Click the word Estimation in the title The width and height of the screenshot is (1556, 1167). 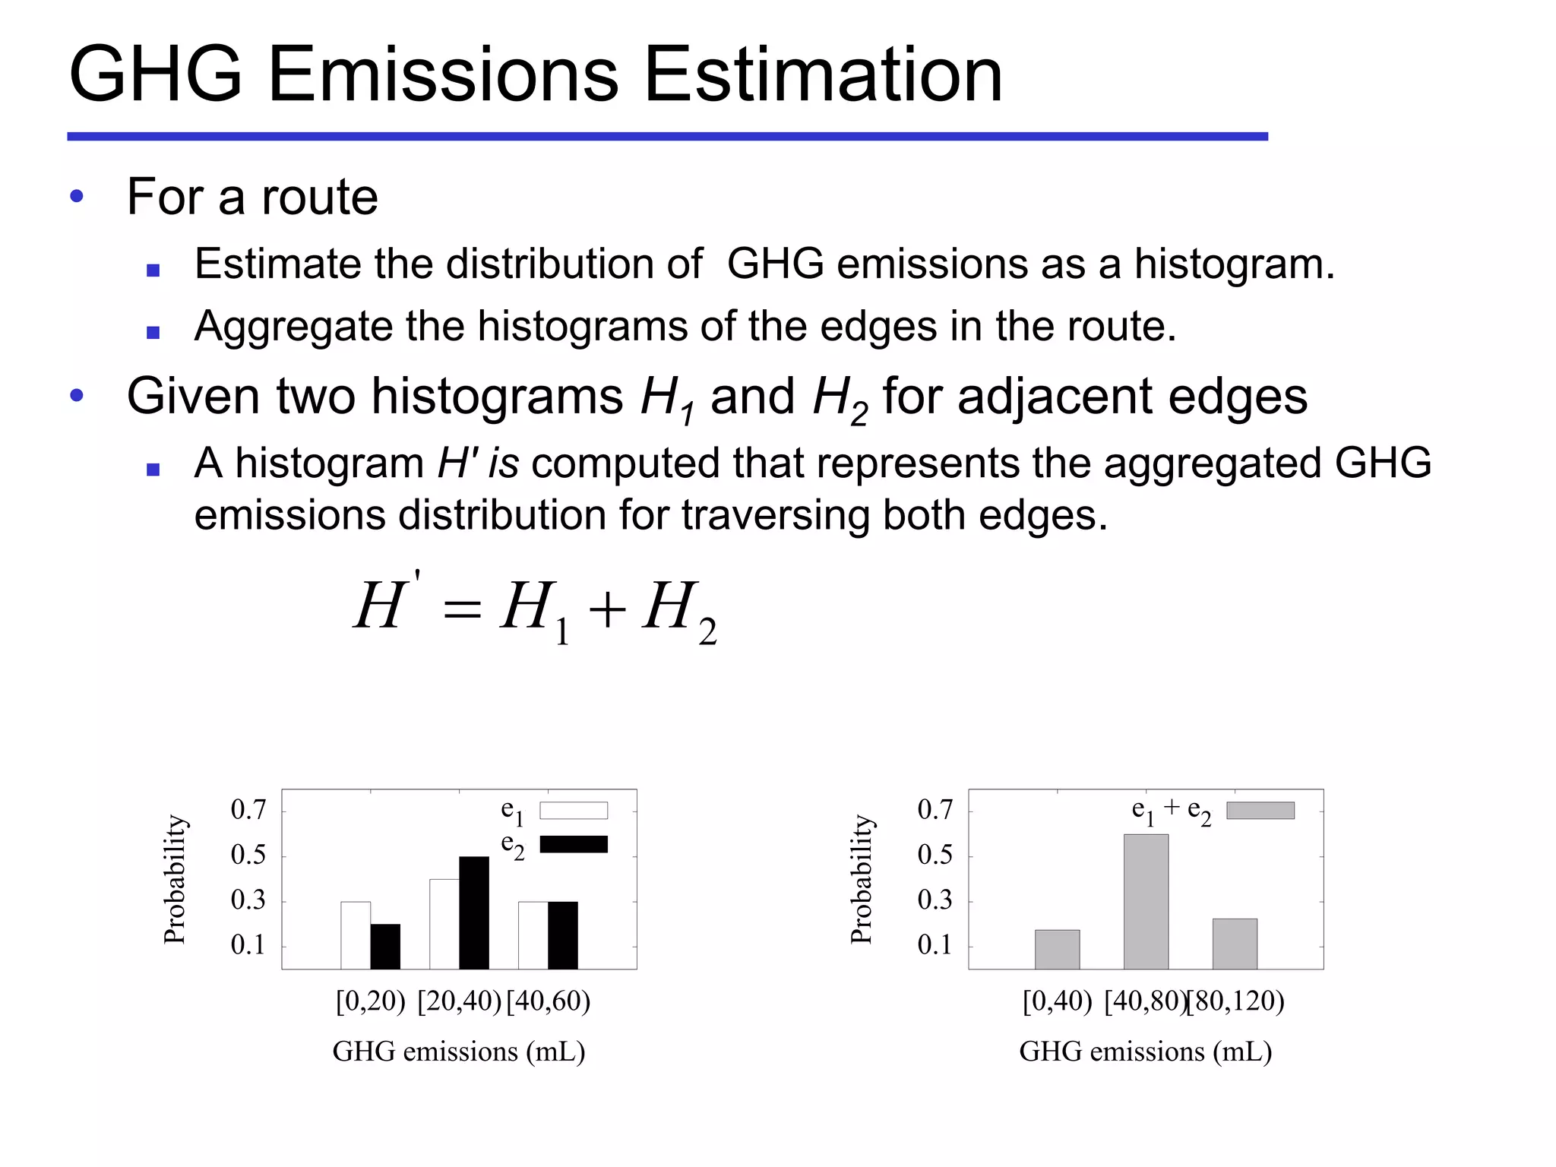tap(823, 74)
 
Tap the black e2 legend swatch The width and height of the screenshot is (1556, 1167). tap(574, 844)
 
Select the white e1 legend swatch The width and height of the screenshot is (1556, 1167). tap(574, 811)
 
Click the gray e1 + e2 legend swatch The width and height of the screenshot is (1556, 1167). tap(1260, 811)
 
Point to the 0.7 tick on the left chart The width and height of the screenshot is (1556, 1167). tap(248, 810)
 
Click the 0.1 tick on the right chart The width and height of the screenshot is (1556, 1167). tap(935, 945)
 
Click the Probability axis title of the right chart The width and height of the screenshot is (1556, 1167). tap(862, 879)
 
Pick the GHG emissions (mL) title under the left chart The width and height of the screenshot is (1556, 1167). tap(459, 1052)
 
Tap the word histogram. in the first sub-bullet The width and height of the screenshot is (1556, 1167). tap(1235, 264)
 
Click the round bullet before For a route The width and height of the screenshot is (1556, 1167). tap(76, 197)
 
